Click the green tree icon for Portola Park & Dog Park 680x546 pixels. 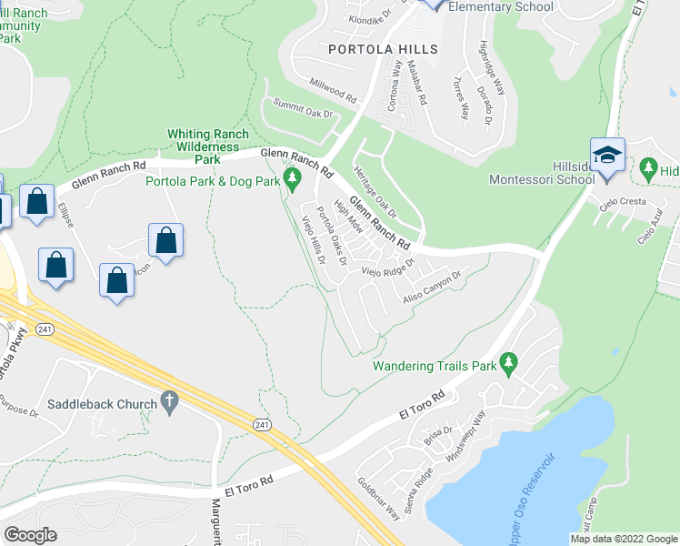pos(293,177)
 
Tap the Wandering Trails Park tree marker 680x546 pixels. pos(509,364)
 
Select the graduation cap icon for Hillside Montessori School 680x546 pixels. pos(607,155)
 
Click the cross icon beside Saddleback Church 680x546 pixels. pos(168,399)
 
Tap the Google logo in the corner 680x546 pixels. pos(31,534)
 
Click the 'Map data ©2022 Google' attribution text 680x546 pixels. pos(623,539)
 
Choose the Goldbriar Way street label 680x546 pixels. pos(378,499)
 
